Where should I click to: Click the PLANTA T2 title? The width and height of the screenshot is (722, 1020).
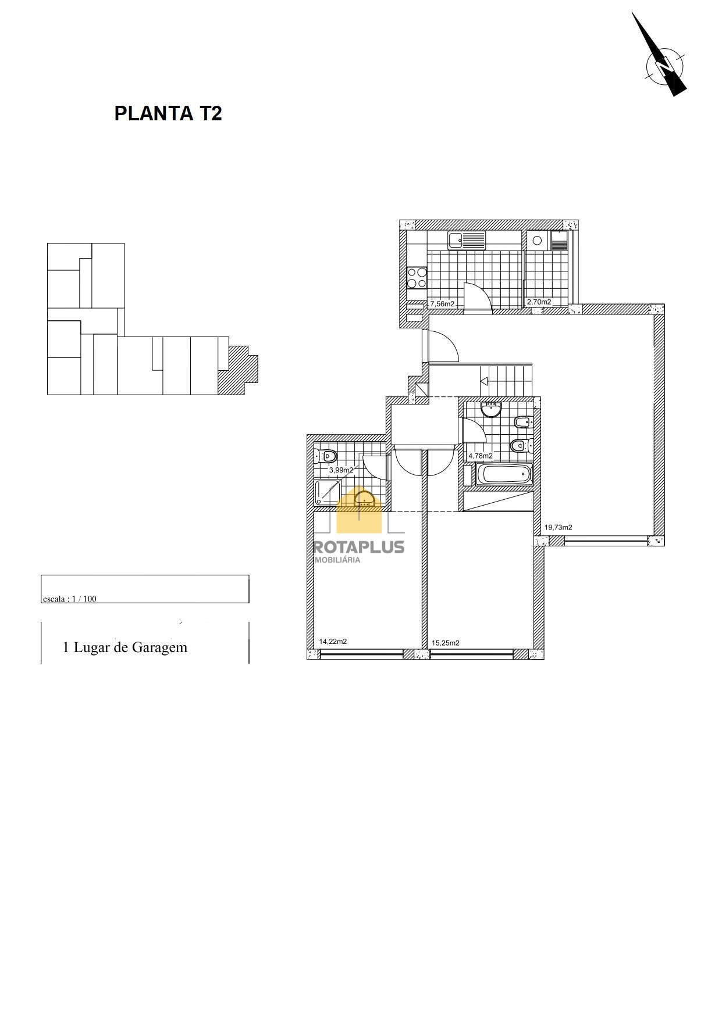pos(168,113)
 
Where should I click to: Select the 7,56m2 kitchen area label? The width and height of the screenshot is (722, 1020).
pos(442,303)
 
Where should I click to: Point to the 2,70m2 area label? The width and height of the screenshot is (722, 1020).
pos(539,302)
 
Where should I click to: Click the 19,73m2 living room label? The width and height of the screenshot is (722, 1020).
pos(559,527)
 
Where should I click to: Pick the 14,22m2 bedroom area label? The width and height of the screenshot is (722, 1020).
pos(333,642)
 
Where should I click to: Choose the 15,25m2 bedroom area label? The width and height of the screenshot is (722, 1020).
pos(446,643)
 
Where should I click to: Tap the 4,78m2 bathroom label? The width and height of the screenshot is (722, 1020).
pos(481,456)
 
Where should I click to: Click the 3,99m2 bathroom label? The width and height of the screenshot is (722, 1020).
pos(342,470)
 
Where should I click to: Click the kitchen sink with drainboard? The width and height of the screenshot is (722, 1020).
pos(467,239)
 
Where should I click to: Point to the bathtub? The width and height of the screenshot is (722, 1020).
pos(504,475)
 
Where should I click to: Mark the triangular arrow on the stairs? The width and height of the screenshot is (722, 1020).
pos(483,381)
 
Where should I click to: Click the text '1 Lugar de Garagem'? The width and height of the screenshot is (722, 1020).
pos(125,647)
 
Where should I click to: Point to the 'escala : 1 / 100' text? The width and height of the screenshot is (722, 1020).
pos(70,599)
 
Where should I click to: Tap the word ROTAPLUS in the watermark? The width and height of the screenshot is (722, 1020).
pos(359,547)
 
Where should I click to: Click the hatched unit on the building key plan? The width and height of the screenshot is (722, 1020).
pos(237,371)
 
